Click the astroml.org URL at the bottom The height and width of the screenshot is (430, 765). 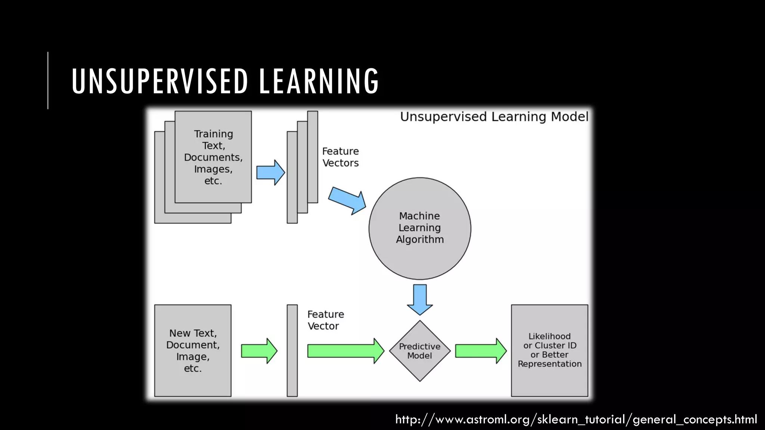[x=576, y=419]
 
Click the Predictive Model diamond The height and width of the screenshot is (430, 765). [x=420, y=351]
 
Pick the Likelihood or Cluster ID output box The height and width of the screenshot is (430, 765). [x=549, y=350]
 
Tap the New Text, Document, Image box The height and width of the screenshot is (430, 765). [x=193, y=350]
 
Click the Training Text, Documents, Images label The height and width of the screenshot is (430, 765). [x=213, y=157]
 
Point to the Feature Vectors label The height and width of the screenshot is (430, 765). [x=340, y=157]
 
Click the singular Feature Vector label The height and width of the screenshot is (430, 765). [x=325, y=320]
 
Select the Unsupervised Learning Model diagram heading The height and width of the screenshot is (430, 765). [x=494, y=117]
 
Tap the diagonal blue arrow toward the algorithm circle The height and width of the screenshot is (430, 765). [x=347, y=200]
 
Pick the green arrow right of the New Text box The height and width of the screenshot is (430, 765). [x=259, y=351]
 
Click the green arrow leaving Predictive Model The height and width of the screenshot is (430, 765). [x=480, y=351]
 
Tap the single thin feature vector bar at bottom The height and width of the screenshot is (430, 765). [x=292, y=350]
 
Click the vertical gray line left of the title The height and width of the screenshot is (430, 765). [x=48, y=80]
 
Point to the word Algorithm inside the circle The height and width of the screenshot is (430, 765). [x=420, y=240]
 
